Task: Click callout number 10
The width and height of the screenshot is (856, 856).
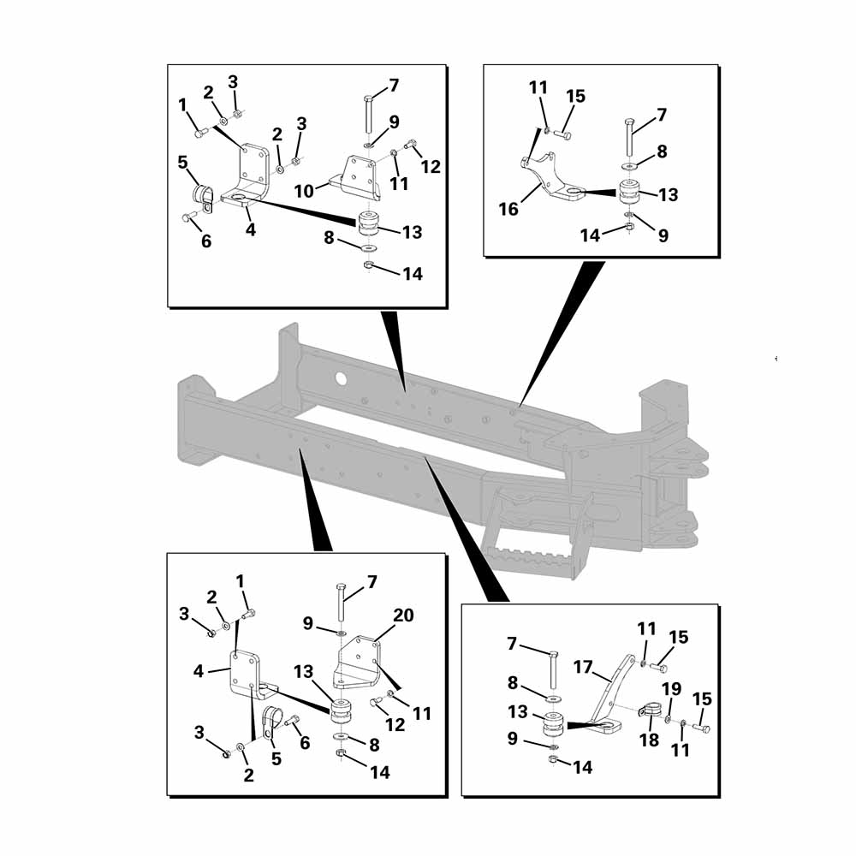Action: [x=304, y=191]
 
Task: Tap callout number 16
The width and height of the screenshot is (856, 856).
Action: [x=508, y=209]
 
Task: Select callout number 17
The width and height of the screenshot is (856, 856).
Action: [x=583, y=667]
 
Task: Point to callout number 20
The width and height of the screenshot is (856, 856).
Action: [x=403, y=615]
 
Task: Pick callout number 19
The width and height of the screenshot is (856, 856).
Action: [x=671, y=689]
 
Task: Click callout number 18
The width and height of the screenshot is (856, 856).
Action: [x=649, y=740]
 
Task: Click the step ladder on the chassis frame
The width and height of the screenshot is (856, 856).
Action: [x=535, y=532]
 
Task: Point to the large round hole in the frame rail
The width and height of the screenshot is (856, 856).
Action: [x=341, y=377]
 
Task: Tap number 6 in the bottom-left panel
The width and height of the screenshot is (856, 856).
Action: [x=305, y=742]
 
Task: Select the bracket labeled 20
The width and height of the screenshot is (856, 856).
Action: [x=356, y=663]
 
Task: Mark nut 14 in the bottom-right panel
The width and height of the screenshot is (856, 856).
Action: [x=552, y=759]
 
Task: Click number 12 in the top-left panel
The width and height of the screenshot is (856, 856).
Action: [x=431, y=167]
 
